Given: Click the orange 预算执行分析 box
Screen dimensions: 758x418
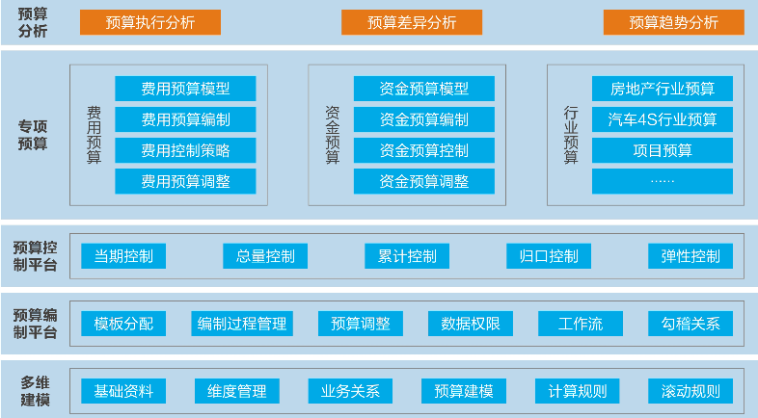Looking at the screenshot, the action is click(x=150, y=22).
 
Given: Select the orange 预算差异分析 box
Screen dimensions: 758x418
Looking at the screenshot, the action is click(x=412, y=22).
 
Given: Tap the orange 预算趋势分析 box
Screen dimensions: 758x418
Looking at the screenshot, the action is click(x=673, y=22).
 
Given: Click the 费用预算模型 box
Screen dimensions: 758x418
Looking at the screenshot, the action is click(x=185, y=89).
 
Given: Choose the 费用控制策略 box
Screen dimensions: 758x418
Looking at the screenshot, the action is click(x=185, y=150).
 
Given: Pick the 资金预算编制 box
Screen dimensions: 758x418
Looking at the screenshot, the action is click(x=424, y=119).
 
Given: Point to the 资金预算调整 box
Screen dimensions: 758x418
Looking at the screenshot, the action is click(x=424, y=181).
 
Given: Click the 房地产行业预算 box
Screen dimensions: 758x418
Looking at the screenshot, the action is click(x=663, y=89).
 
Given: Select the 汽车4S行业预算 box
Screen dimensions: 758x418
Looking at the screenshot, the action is click(x=663, y=119).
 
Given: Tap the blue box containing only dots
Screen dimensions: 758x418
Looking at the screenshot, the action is click(x=663, y=181).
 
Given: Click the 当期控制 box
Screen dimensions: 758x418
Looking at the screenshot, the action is click(x=123, y=256).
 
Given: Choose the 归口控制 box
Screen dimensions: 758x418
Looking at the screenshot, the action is click(x=549, y=256).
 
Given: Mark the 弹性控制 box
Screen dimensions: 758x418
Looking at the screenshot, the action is click(x=690, y=256).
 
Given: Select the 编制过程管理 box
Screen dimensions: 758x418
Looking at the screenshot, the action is click(x=242, y=324).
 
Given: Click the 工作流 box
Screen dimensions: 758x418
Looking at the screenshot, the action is click(x=581, y=324).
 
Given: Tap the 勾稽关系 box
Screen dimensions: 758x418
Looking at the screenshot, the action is click(x=690, y=324).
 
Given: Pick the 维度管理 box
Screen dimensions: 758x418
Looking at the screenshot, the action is click(x=237, y=391).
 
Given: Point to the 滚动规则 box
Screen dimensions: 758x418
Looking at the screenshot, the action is click(x=690, y=391).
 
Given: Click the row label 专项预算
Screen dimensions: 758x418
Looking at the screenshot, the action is click(x=33, y=135).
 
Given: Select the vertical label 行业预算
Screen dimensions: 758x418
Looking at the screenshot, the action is click(x=571, y=135).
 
